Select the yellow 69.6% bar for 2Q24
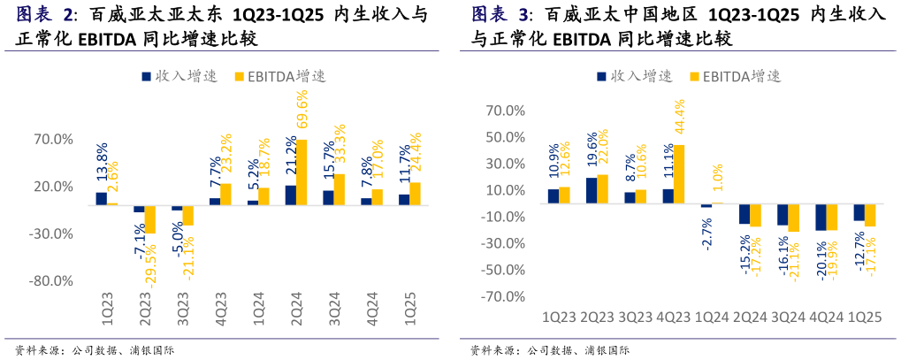(x=302, y=172)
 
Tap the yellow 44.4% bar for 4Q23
(x=679, y=174)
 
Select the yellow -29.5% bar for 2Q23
(x=150, y=219)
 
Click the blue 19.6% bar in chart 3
(x=592, y=190)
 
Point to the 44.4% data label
(x=679, y=117)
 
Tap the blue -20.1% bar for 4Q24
(x=820, y=217)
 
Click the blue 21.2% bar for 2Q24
(x=291, y=195)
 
